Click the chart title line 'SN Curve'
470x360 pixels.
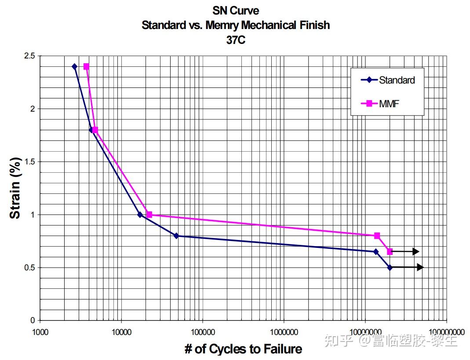click(x=236, y=11)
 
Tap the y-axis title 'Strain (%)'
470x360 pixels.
click(x=15, y=188)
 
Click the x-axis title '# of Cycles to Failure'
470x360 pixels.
click(x=243, y=349)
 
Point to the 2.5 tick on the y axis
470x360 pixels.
click(x=29, y=56)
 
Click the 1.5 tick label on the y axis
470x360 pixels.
click(x=29, y=162)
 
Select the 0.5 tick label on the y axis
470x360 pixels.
click(x=29, y=268)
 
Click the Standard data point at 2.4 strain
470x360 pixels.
click(x=74, y=66)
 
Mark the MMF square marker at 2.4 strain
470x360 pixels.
click(x=86, y=66)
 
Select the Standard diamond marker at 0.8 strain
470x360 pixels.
click(x=176, y=236)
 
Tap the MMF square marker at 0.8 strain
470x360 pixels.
click(x=377, y=236)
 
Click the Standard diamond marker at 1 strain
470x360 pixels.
click(x=140, y=215)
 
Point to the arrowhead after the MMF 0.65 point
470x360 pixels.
click(x=416, y=251)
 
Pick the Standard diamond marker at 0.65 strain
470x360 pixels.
click(x=375, y=251)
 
